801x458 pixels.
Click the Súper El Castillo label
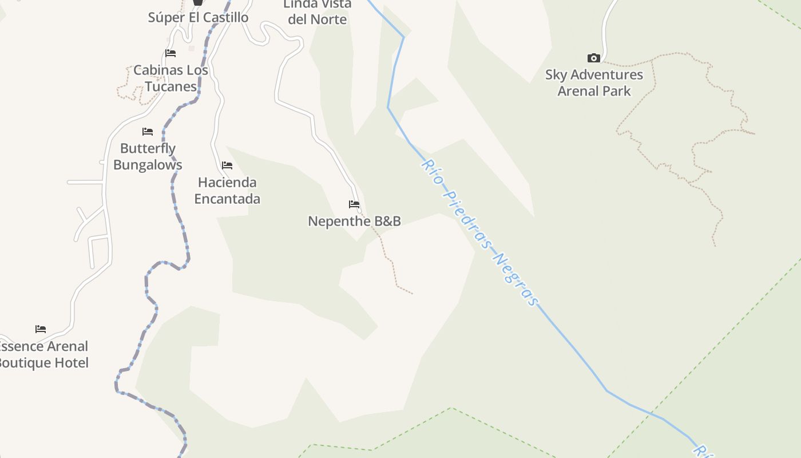(x=198, y=17)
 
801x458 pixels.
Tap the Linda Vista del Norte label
(x=317, y=12)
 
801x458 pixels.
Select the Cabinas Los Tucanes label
(x=170, y=78)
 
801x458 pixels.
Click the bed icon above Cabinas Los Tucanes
(x=170, y=53)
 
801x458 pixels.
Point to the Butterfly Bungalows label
(x=148, y=156)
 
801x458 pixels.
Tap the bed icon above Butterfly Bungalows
(x=148, y=131)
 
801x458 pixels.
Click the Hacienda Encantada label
(x=227, y=191)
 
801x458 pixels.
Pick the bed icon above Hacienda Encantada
(x=227, y=165)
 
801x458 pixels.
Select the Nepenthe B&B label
(x=354, y=221)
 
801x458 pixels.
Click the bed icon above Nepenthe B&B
(x=354, y=204)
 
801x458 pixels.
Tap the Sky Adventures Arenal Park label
(x=594, y=82)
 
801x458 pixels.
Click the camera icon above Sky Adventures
(x=594, y=58)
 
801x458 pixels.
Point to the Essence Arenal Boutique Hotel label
(x=43, y=354)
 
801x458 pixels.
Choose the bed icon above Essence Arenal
(x=41, y=329)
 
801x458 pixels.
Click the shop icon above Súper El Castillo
(x=198, y=2)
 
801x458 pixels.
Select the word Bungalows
(x=148, y=165)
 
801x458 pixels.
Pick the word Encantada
(x=227, y=199)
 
